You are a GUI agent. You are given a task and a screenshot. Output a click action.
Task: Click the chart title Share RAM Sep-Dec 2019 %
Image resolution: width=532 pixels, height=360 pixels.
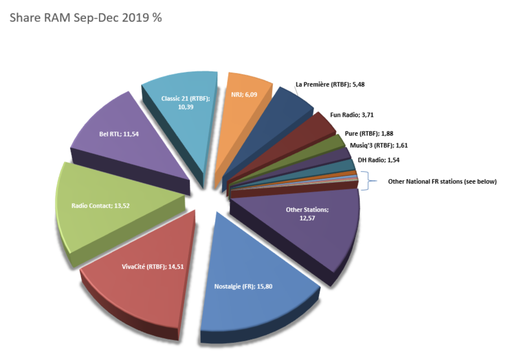coord(86,18)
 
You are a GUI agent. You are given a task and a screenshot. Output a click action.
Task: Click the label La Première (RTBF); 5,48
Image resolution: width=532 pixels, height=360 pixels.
coord(330,85)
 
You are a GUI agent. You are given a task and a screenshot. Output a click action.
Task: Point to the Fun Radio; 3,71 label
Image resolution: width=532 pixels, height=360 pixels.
coord(352,115)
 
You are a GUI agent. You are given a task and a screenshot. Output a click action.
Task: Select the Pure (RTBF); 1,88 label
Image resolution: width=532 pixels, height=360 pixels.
coord(369,133)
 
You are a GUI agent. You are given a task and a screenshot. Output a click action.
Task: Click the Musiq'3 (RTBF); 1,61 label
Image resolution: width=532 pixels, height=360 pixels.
coord(379,146)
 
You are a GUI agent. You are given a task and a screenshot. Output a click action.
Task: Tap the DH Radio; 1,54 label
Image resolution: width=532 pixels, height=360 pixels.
coord(379,160)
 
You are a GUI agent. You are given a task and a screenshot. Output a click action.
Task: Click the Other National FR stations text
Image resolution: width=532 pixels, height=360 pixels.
coord(442,182)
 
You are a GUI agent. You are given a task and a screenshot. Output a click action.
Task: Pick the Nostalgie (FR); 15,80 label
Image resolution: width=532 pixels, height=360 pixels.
coord(243,287)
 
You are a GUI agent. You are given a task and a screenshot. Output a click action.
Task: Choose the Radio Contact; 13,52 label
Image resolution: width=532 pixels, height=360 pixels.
coord(100,206)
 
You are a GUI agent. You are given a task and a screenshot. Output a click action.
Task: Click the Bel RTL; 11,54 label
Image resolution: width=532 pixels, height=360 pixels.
coord(119,134)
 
